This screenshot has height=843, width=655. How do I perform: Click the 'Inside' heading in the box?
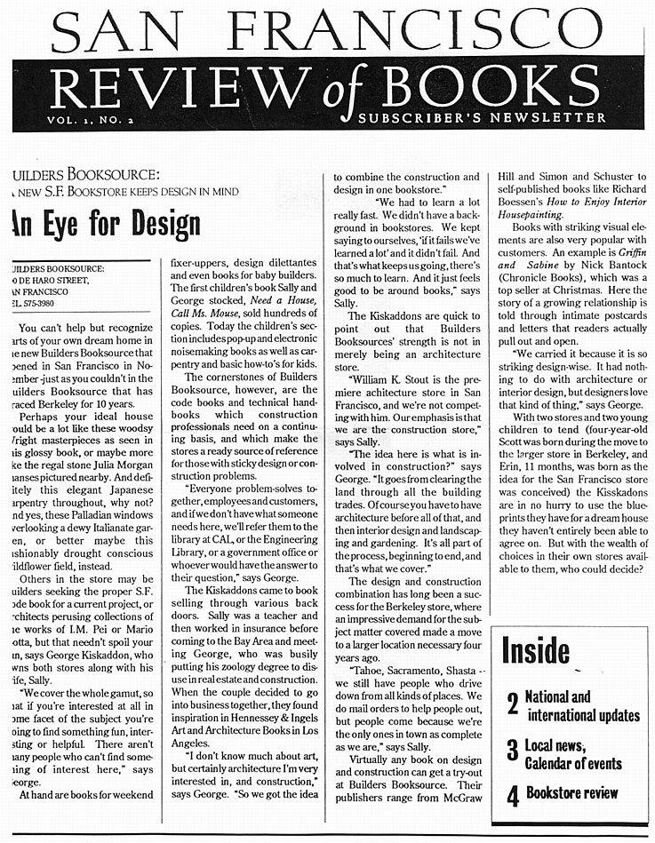pos(535,650)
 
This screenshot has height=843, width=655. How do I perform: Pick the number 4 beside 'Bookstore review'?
pos(513,795)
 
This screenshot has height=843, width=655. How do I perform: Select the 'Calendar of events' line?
pos(573,764)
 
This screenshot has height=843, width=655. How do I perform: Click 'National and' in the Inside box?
pos(557,697)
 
